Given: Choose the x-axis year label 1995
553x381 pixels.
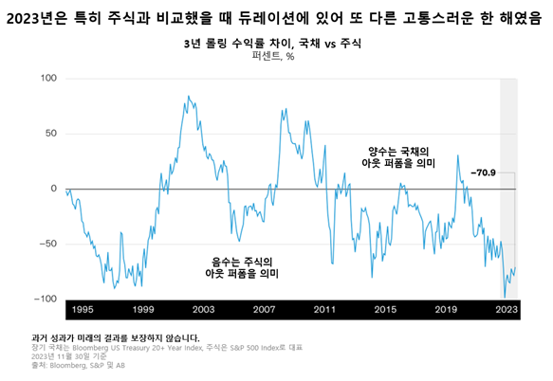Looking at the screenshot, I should point(83,310).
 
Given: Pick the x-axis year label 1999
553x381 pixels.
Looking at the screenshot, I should point(143,310).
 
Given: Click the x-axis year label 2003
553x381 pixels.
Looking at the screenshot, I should point(204,310).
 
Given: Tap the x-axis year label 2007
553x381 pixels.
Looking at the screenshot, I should point(265,310).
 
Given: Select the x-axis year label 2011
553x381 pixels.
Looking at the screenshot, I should point(325,310).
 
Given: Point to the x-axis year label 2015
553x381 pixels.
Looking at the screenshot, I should point(385,310).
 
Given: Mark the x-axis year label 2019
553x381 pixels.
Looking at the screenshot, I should point(446,310).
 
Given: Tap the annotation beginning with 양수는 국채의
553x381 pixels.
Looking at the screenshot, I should point(399,157).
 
